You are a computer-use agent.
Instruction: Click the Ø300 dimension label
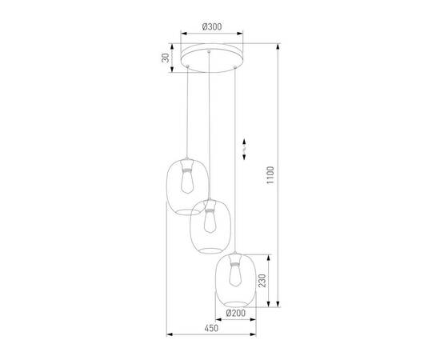212,27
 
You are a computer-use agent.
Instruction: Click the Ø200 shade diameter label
235,313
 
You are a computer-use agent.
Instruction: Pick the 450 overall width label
211,328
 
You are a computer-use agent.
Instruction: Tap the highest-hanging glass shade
186,185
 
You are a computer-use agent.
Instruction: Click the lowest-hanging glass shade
236,277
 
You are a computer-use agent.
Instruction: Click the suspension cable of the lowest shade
236,160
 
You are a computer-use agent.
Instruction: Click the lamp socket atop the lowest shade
236,259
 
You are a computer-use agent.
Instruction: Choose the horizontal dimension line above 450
211,334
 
